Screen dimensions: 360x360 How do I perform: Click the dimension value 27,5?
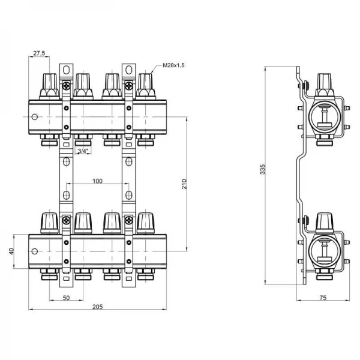pyautogui.click(x=40, y=53)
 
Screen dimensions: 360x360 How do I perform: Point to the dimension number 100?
pyautogui.click(x=97, y=181)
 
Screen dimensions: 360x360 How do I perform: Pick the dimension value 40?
pyautogui.click(x=11, y=251)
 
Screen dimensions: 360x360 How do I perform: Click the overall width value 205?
pyautogui.click(x=97, y=307)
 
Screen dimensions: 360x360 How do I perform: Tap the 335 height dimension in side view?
pyautogui.click(x=262, y=171)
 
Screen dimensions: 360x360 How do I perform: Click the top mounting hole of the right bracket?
pyautogui.click(x=128, y=67)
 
